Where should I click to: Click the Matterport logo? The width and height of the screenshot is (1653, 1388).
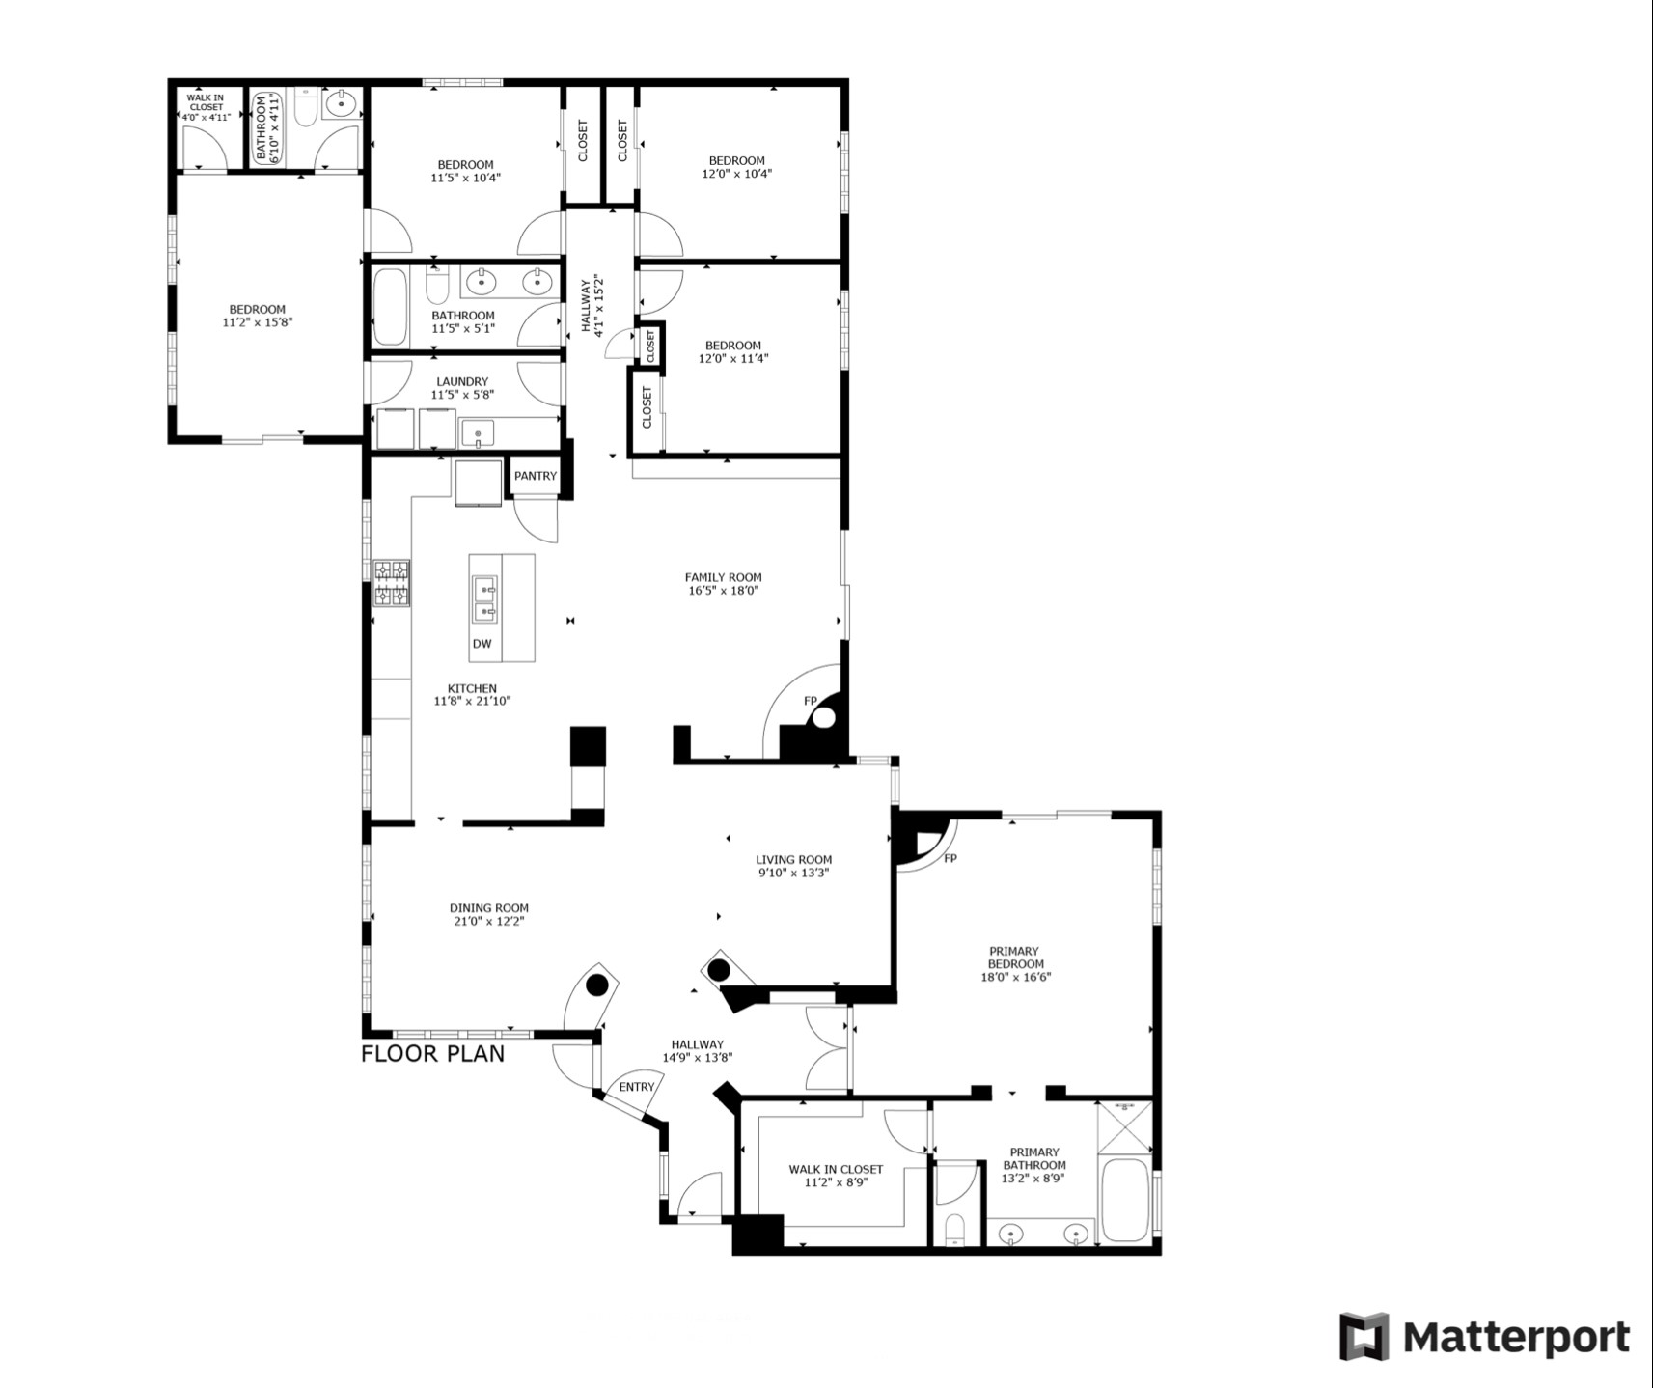1484,1337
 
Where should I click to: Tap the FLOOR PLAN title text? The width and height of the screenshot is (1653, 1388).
432,1053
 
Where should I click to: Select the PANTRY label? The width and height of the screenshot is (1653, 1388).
536,476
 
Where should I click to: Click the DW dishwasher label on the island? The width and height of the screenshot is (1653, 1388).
482,644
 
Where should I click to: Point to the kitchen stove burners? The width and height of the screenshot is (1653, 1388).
392,583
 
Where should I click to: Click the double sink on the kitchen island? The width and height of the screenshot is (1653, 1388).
484,598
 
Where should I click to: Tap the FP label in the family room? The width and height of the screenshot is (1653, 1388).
811,701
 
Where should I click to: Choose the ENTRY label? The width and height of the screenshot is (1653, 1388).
637,1087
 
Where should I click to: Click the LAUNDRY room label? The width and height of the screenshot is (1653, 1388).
462,381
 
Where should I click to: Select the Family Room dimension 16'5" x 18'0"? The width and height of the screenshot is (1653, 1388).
724,591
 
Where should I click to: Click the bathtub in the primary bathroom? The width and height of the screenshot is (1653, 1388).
1124,1200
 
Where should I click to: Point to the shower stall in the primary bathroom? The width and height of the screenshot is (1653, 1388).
1125,1126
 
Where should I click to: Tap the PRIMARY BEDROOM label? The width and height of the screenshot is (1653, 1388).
1014,958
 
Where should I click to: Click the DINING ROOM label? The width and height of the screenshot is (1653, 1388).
489,907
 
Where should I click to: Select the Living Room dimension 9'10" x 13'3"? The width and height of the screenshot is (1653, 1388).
794,873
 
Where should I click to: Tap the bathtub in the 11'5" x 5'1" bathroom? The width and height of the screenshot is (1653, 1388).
391,306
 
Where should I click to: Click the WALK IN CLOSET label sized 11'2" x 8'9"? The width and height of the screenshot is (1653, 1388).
836,1169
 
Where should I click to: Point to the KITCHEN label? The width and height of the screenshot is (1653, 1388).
472,688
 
